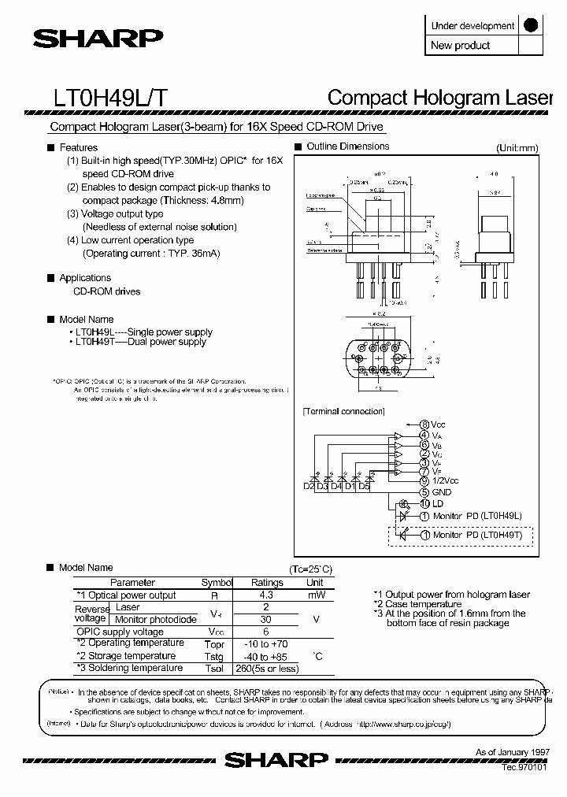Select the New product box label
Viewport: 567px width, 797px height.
pos(460,46)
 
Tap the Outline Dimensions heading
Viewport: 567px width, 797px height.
pos(347,146)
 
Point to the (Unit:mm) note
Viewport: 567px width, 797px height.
pos(517,147)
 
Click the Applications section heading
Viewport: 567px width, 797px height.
pos(85,278)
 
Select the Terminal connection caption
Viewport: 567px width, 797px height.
pos(344,411)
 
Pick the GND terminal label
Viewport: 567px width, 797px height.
pos(442,492)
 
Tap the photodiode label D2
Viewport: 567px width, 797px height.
pos(309,486)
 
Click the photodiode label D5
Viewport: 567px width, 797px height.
pos(363,486)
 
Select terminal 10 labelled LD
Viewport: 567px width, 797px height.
pos(432,504)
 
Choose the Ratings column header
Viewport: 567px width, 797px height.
pos(267,583)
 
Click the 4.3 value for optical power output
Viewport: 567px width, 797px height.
pos(267,595)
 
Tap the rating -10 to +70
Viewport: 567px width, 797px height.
pos(267,643)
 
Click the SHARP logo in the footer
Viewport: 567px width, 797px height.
pos(276,760)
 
